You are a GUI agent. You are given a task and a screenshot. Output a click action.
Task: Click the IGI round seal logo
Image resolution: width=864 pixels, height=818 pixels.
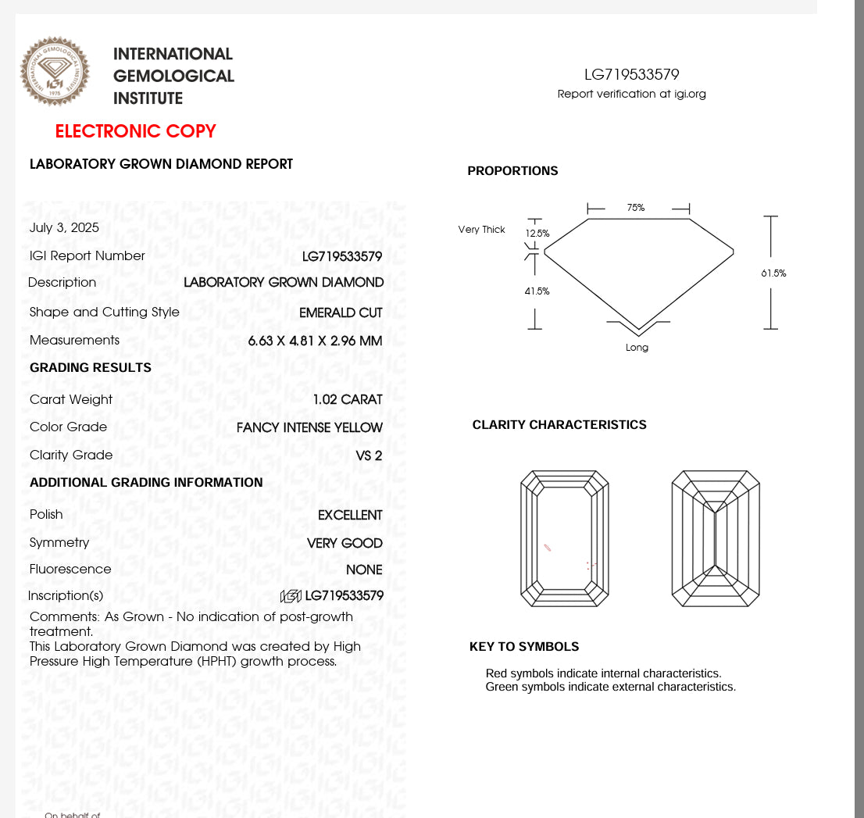pos(55,71)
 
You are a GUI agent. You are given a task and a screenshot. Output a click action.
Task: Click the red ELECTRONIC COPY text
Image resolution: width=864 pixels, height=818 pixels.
pos(135,131)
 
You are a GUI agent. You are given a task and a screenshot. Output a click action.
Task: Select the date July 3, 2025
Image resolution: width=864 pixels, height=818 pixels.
pos(64,228)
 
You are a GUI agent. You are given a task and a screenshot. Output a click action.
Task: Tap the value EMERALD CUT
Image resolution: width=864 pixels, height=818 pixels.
pos(341,313)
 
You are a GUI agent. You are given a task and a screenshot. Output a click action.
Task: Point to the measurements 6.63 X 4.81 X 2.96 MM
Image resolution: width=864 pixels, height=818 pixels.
pos(315,341)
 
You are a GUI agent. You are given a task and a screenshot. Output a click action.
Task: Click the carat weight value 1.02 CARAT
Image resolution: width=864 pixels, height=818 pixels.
pos(347,400)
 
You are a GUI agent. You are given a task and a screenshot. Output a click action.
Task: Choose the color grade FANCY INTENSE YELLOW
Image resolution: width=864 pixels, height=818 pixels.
pos(309,427)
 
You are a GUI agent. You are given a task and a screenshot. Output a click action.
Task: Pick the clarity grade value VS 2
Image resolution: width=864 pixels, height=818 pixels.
pos(369,455)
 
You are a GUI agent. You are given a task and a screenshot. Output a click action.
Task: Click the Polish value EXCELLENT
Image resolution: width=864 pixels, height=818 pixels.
pos(350,515)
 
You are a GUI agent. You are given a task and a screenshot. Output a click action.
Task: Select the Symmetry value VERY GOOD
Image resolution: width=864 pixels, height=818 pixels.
pos(345,543)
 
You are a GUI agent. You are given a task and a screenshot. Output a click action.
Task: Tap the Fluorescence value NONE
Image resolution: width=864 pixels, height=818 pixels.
pos(364,570)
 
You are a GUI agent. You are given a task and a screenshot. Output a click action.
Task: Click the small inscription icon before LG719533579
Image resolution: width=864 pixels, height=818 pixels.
pos(291,596)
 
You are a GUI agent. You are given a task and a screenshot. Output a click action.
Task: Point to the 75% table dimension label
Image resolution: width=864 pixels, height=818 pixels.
pos(636,208)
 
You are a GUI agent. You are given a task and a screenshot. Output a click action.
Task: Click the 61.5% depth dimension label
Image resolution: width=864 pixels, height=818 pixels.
pos(773,273)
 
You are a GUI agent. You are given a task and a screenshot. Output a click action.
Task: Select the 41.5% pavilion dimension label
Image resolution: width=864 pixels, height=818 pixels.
pos(537,291)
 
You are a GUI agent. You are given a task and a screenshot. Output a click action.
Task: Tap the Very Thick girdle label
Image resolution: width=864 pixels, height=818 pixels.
pos(481,230)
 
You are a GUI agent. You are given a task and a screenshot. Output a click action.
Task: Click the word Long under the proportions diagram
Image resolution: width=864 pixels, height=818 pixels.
pos(637,348)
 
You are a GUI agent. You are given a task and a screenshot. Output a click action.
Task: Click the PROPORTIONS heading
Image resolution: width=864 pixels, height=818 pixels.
pos(512,171)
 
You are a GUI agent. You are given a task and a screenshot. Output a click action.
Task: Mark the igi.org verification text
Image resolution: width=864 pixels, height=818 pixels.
pos(631,94)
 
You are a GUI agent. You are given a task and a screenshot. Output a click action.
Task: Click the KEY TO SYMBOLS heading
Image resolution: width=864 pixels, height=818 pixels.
pos(524,647)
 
